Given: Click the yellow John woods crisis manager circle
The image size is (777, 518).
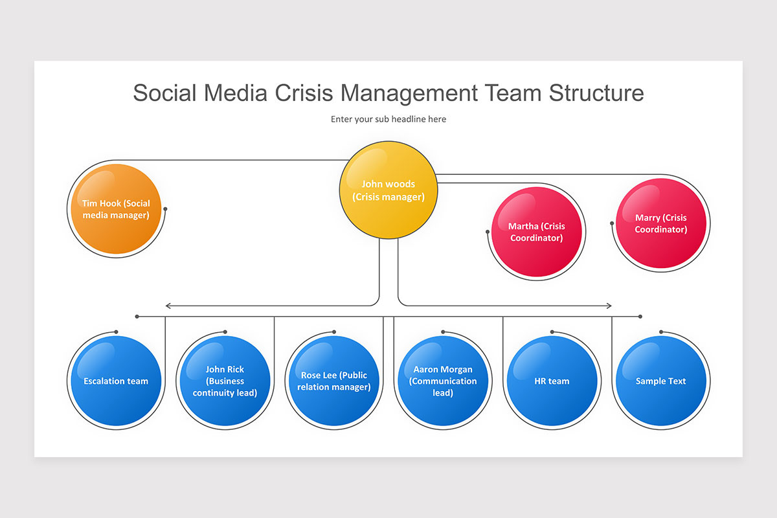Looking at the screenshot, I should [x=388, y=191].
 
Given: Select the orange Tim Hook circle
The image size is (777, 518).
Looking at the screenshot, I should [x=115, y=209].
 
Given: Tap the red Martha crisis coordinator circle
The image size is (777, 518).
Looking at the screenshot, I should [x=536, y=232].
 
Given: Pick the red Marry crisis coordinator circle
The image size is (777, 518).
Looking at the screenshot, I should [x=660, y=223].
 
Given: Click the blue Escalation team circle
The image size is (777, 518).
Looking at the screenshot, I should [x=115, y=381].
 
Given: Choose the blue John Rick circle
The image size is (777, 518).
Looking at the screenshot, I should [x=224, y=381].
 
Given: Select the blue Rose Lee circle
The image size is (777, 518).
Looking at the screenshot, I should [x=333, y=381].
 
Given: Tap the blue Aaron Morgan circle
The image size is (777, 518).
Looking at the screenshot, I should [x=442, y=381].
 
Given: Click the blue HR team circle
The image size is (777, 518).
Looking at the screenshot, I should [x=552, y=381].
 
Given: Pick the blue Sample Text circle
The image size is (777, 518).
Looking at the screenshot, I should [x=660, y=381].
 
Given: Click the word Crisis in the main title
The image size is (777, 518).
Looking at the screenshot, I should [x=304, y=93].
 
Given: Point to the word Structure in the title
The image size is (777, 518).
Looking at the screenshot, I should [x=596, y=93].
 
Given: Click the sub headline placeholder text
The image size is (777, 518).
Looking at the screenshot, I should [x=388, y=119].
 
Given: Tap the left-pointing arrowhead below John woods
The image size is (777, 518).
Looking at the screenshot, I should [x=168, y=306].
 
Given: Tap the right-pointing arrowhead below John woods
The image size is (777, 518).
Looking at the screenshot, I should [x=609, y=306].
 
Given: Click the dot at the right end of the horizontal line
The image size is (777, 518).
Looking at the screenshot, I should [x=640, y=317].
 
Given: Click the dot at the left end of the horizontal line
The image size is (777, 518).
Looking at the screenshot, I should [x=137, y=317].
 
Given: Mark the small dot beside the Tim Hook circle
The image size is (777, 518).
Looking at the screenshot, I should [x=166, y=208].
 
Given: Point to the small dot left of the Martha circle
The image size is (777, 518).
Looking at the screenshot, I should [x=488, y=231].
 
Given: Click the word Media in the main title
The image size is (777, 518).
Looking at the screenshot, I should [x=236, y=93].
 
